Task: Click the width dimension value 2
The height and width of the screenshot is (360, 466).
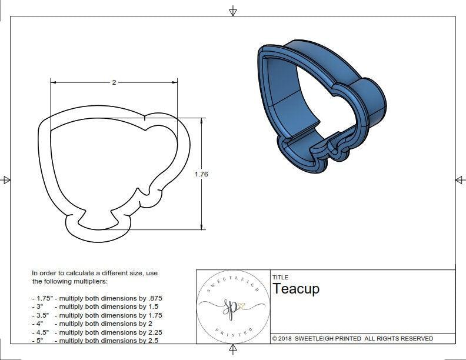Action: coord(114,82)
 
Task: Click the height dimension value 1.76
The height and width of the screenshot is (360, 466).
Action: coord(201,174)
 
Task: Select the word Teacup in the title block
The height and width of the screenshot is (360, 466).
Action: coord(295,289)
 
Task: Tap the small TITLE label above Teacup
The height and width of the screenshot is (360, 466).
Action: coord(280,277)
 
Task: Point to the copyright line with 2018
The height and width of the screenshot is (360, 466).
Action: coord(352,338)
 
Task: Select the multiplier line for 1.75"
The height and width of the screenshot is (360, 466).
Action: coord(96,298)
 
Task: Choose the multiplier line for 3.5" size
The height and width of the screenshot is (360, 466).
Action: coord(96,315)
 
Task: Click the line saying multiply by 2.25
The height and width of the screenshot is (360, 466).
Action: coord(96,332)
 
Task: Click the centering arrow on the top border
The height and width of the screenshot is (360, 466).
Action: coord(233,11)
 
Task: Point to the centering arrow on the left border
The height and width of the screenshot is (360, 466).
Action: coord(6,179)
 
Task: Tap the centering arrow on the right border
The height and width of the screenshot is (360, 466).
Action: coord(460,179)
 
